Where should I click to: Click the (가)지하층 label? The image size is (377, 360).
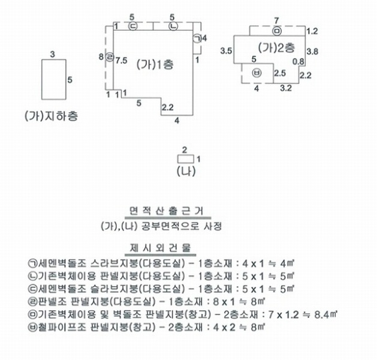(x=52, y=116)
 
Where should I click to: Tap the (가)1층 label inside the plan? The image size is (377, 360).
(x=155, y=64)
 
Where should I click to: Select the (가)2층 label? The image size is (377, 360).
(x=276, y=47)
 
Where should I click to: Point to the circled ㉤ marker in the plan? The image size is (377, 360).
(x=277, y=31)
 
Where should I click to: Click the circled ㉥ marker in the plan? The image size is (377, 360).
(x=257, y=73)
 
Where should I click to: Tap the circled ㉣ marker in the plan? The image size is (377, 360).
(x=110, y=57)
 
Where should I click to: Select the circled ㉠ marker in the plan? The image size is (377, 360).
(x=197, y=38)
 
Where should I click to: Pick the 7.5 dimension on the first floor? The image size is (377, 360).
(x=122, y=61)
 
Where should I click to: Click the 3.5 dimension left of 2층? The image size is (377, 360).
(x=226, y=51)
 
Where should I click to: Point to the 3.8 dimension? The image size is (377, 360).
(x=312, y=52)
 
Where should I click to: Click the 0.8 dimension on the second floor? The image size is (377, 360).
(x=298, y=62)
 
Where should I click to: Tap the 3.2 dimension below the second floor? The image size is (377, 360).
(x=286, y=88)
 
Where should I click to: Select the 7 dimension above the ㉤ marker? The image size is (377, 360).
(x=276, y=20)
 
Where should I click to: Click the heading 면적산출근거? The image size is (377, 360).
(x=167, y=211)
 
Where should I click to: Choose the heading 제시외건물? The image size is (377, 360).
(x=161, y=248)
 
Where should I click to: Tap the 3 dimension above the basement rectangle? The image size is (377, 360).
(x=52, y=55)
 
